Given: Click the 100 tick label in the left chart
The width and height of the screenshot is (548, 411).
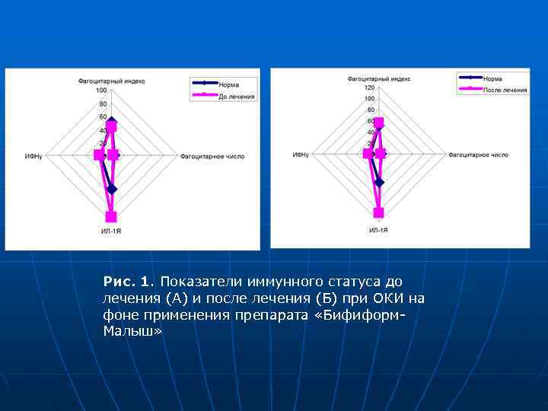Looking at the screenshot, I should click(102, 91).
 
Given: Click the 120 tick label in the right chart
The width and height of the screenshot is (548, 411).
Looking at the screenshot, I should click(369, 87).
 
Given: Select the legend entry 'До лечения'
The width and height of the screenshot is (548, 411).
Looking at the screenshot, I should click(237, 97).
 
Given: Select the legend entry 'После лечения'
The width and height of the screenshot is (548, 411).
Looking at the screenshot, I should click(505, 90).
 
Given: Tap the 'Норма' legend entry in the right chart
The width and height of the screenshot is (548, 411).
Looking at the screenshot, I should click(492, 78).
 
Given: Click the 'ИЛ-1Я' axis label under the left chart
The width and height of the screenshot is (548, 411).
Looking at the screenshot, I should click(111, 231).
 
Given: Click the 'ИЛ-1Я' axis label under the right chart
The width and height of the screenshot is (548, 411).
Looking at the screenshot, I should click(378, 230).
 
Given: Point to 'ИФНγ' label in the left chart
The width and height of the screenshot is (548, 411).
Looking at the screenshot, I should click(33, 156).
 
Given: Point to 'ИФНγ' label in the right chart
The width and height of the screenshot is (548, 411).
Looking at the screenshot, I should click(301, 155).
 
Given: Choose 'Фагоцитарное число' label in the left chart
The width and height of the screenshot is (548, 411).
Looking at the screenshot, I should click(212, 156).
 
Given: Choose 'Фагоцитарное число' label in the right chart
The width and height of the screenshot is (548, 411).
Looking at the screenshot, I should click(478, 155).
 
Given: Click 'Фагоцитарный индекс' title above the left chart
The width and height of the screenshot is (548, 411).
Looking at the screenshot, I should click(111, 80).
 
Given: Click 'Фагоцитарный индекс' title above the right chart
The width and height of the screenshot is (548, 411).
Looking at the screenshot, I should click(379, 78).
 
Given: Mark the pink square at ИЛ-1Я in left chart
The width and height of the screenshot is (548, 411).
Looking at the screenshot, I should click(111, 216).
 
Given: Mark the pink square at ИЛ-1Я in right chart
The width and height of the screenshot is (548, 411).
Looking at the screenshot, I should click(378, 213).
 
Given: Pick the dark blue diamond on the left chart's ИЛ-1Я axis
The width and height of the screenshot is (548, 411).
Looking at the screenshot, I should click(112, 189).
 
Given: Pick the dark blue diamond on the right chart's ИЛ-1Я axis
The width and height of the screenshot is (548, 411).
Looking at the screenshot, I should click(379, 182).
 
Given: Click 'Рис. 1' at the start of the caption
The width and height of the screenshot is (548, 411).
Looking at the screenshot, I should click(121, 282).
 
